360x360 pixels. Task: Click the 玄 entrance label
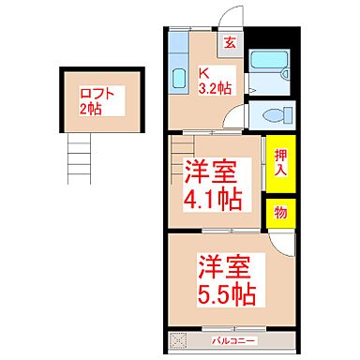[230, 41]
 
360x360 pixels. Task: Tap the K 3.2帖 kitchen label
[216, 81]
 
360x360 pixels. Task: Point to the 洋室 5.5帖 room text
[225, 279]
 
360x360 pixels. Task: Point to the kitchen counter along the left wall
[177, 67]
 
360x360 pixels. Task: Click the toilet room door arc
[241, 119]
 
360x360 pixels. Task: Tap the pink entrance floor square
[230, 42]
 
